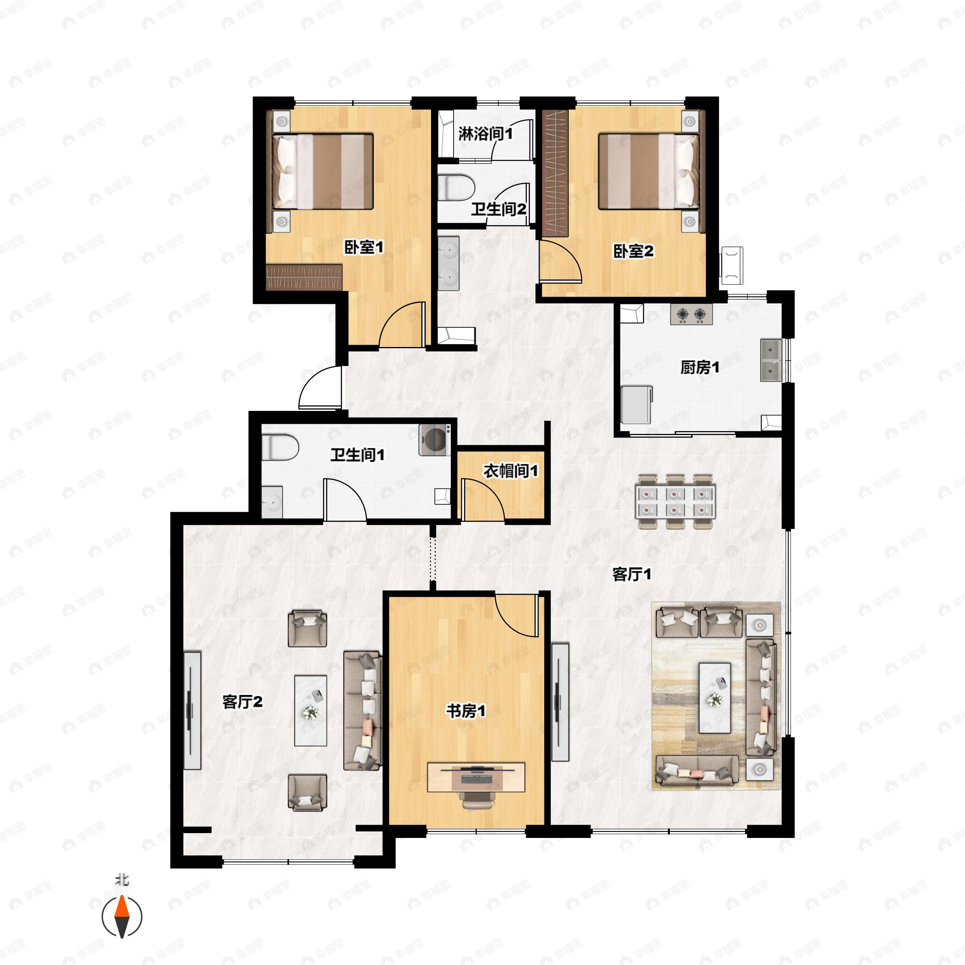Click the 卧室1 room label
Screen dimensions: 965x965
[363, 247]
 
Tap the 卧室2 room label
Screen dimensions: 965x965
[633, 251]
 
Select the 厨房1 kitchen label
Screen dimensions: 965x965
[699, 368]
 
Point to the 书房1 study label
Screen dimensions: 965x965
[466, 711]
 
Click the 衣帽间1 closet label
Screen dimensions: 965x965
[511, 470]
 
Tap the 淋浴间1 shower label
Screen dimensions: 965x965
[485, 134]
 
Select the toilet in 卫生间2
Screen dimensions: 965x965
[456, 187]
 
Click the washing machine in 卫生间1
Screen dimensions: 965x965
[435, 439]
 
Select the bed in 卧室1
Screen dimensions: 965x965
[323, 171]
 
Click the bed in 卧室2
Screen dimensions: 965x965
[648, 171]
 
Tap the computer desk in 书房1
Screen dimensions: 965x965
[476, 777]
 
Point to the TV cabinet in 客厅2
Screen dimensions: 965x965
[192, 710]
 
